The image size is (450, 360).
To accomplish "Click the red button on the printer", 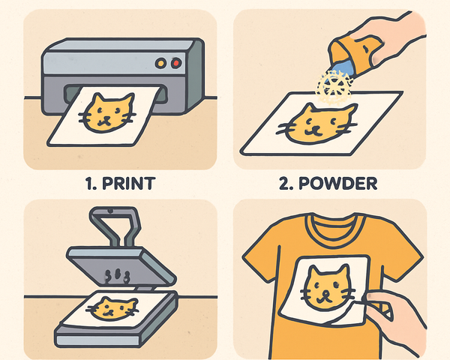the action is coord(176,63).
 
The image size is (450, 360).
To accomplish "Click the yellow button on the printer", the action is coord(160,63).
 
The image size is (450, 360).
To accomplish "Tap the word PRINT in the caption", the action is coord(128,184).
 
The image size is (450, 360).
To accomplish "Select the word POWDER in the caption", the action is coord(337,184).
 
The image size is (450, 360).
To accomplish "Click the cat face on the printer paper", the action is coord(107,112).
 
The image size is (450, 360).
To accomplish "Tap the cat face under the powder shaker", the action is coord(317,124).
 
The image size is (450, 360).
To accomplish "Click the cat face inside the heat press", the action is coord(112,309).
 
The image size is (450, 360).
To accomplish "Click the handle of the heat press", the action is coord(115,226).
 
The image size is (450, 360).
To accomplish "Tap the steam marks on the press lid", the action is coord(117,276).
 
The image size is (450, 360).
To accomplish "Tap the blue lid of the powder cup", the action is coord(345,69).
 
